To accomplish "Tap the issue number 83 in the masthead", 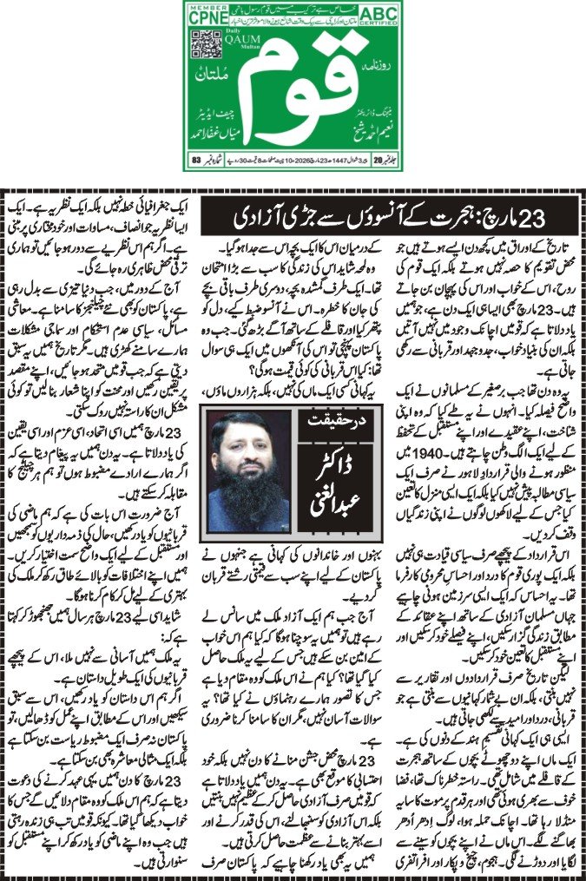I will pyautogui.click(x=196, y=159).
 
